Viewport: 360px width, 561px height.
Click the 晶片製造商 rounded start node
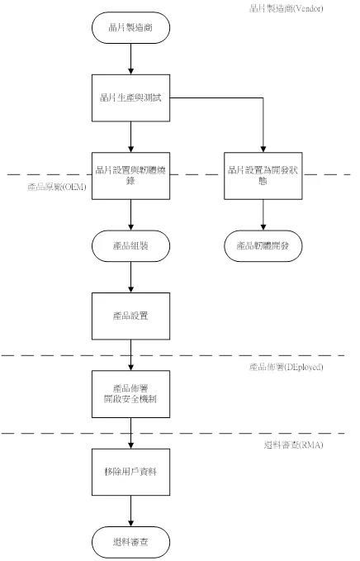coord(130,29)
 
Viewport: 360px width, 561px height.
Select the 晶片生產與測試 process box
coord(130,98)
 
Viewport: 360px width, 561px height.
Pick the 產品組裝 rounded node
coord(130,246)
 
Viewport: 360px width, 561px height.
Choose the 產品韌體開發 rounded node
coord(263,246)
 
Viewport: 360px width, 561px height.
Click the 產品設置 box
coord(130,316)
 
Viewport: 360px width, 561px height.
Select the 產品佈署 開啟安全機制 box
coord(130,392)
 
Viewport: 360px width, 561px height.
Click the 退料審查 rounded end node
coord(130,541)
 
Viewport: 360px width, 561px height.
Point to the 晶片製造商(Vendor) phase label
coord(286,8)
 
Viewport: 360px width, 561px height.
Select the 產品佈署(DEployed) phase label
coord(286,366)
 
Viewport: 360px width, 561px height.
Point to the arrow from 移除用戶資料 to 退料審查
coord(130,512)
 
